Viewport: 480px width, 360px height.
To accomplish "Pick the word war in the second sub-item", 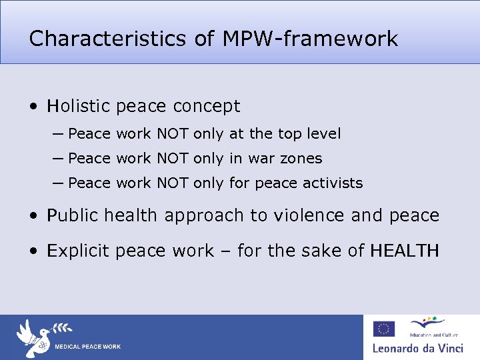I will coord(263,158).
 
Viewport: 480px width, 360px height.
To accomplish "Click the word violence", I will coord(307,215).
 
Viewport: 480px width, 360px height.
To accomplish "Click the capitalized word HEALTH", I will coord(405,251).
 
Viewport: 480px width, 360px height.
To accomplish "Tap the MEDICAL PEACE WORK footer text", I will coord(87,347).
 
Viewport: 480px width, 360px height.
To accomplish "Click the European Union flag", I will coord(383,329).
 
